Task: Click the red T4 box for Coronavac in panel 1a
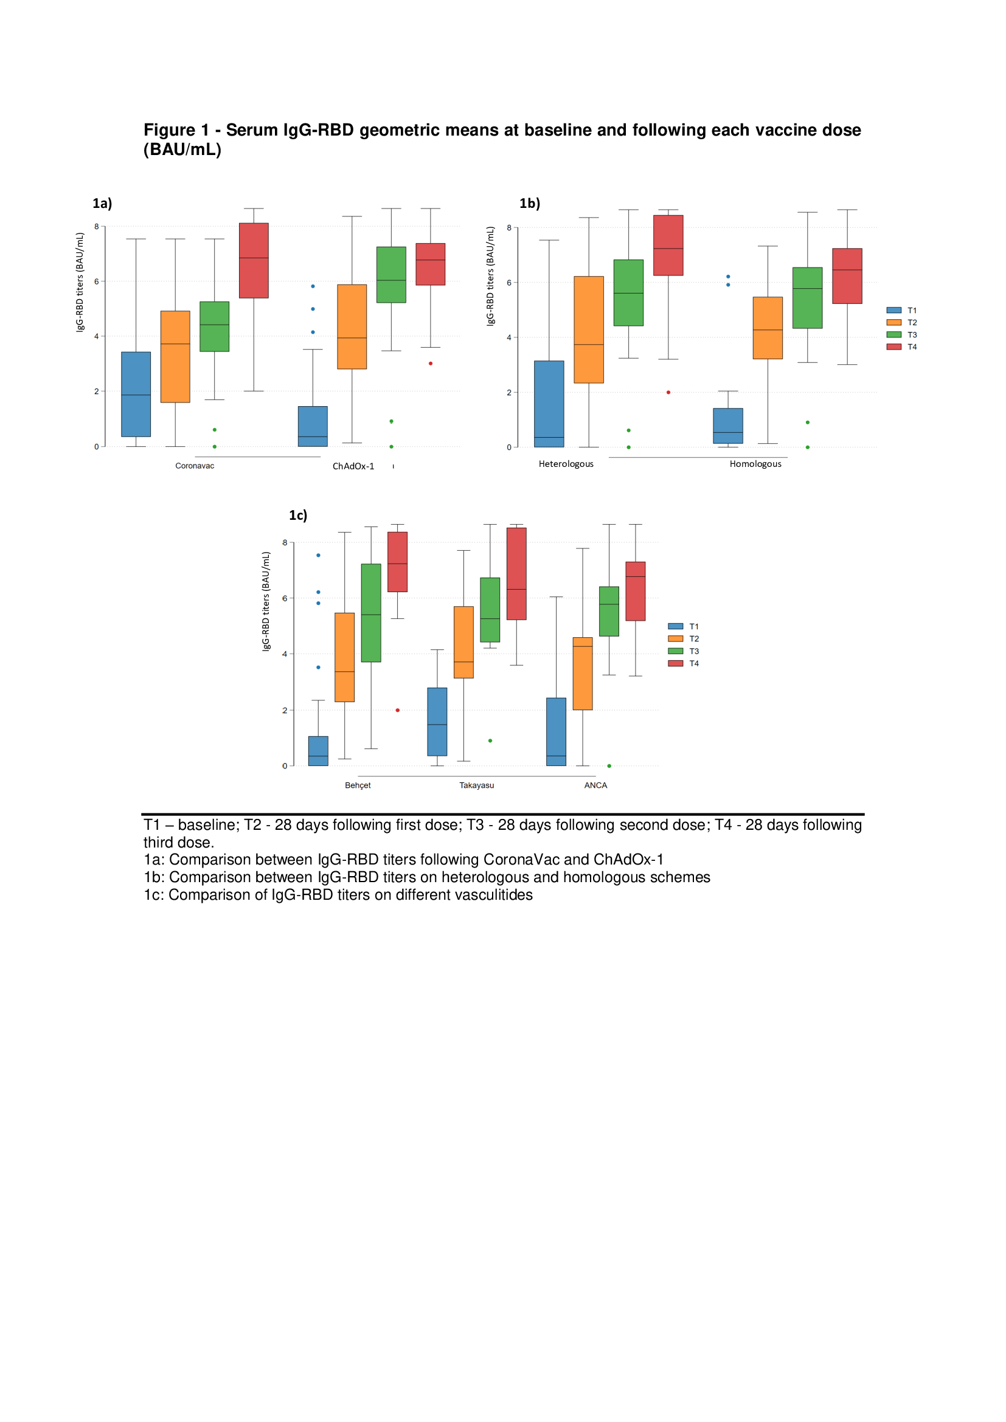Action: tap(254, 260)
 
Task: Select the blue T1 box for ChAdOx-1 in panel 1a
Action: tap(312, 426)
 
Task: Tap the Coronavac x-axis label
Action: tap(195, 466)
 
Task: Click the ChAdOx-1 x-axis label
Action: tap(353, 466)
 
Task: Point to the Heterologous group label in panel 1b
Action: tap(566, 464)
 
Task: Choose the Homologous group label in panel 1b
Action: tap(755, 464)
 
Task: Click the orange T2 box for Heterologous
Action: tap(589, 330)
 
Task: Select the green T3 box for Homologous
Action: tap(807, 298)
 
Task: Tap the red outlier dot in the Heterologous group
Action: tap(668, 393)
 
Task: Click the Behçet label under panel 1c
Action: tap(358, 785)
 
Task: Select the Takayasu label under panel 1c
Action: tap(476, 785)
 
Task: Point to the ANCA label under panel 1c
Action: tap(595, 785)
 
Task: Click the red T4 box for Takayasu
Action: tap(516, 573)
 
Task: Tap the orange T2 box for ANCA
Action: tap(582, 673)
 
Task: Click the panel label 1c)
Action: tap(298, 516)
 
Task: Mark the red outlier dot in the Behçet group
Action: tap(398, 710)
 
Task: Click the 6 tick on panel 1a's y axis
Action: tap(97, 281)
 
